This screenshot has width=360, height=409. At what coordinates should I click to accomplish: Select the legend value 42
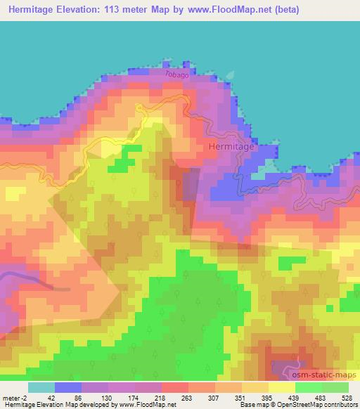[x=42, y=397]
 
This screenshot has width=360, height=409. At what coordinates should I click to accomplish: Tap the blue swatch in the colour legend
[x=68, y=387]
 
